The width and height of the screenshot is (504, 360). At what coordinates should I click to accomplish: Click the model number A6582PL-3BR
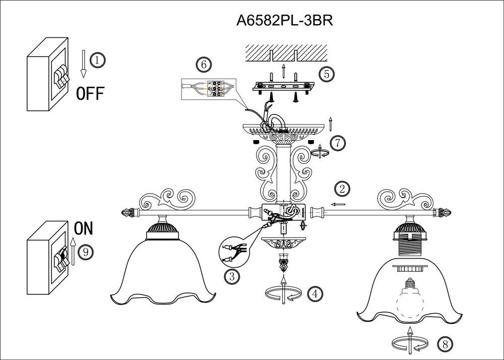tap(286, 20)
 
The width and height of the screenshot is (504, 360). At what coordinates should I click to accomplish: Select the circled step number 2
tap(342, 189)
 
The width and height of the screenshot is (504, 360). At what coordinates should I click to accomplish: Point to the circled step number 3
tap(232, 276)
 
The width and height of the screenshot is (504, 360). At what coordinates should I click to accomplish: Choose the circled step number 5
tap(327, 74)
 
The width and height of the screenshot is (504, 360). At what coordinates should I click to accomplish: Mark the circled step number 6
tap(203, 65)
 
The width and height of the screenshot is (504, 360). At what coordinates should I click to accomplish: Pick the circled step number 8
tap(444, 344)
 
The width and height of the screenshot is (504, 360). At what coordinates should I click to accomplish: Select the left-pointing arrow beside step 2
tap(338, 204)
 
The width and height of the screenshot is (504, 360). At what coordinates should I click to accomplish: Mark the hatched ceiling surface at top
tap(286, 52)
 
